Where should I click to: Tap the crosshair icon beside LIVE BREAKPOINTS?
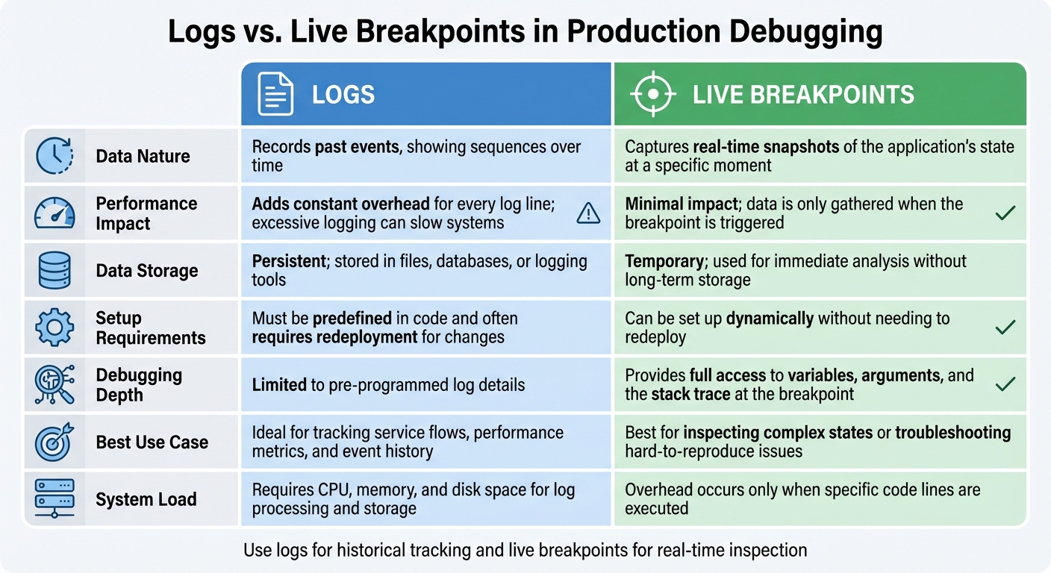click(x=652, y=94)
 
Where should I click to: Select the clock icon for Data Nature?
click(x=54, y=156)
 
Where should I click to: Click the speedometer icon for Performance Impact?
click(x=54, y=213)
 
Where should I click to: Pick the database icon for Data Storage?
click(x=54, y=270)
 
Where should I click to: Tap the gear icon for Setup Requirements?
click(x=54, y=328)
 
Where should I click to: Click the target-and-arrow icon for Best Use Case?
click(x=54, y=442)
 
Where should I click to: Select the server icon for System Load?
click(x=54, y=499)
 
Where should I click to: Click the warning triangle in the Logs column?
click(x=588, y=214)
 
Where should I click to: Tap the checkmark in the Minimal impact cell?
click(x=1005, y=213)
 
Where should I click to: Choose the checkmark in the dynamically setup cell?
click(x=1005, y=328)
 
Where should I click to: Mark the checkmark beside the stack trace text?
click(x=1005, y=384)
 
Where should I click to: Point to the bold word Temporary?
click(x=663, y=261)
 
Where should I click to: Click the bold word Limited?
click(x=279, y=385)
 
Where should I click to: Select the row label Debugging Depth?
click(x=138, y=384)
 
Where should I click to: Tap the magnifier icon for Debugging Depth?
click(x=54, y=384)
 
